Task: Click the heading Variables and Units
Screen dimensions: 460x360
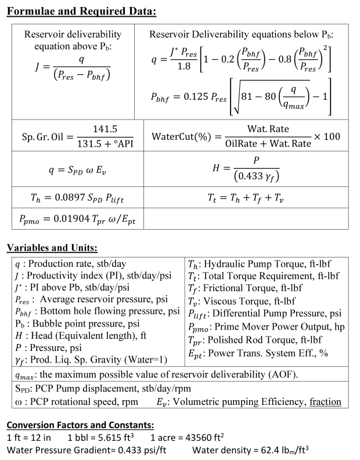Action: pyautogui.click(x=52, y=248)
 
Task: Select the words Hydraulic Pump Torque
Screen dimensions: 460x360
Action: pyautogui.click(x=252, y=264)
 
